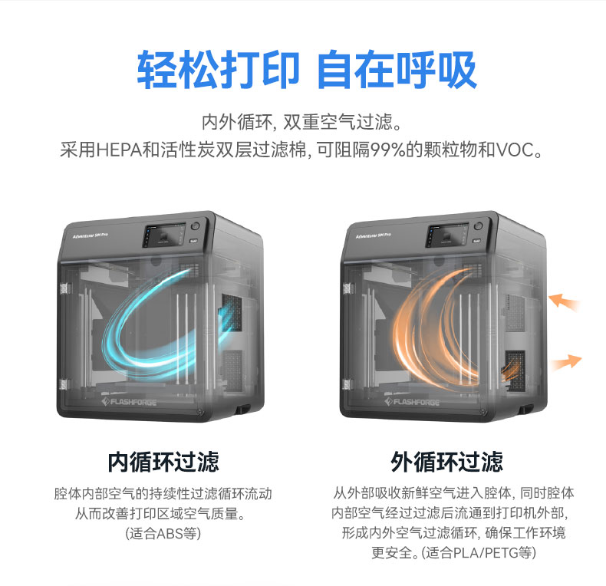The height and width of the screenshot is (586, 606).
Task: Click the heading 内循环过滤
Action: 163,462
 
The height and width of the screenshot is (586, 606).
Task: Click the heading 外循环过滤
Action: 447,462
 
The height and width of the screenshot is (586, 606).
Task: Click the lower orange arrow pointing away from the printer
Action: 565,361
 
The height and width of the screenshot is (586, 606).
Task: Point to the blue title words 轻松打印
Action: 217,71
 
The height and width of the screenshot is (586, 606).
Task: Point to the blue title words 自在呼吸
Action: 397,71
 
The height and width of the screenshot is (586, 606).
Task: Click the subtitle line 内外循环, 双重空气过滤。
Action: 302,122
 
